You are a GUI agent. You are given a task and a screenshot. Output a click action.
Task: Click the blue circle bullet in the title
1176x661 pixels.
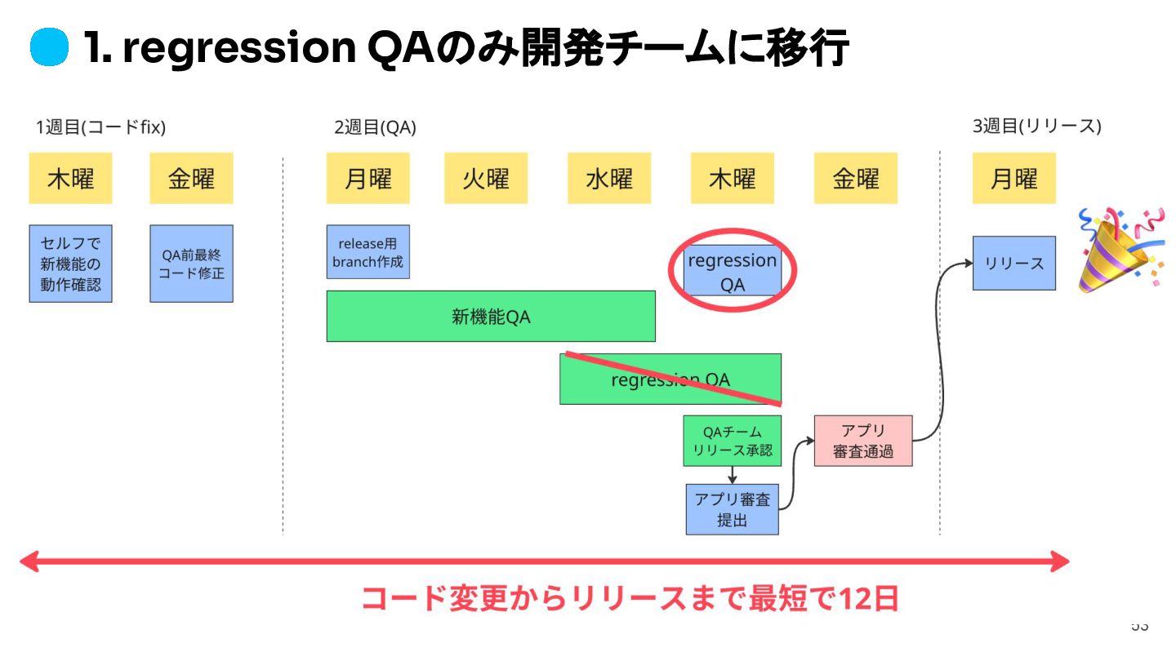(49, 49)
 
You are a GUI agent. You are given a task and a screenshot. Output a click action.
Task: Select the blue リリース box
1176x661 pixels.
(1013, 263)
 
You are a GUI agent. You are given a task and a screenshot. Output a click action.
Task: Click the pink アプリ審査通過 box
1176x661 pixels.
(862, 441)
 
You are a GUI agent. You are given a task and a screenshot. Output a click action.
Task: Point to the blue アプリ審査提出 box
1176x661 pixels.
(732, 509)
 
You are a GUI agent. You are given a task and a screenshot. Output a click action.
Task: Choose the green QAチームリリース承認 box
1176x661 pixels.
(732, 441)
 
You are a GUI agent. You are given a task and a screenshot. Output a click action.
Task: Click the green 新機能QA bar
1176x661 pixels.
(491, 316)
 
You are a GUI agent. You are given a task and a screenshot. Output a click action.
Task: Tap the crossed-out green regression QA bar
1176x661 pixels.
(670, 379)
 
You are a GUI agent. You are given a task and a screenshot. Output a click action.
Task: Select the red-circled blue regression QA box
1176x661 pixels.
(733, 271)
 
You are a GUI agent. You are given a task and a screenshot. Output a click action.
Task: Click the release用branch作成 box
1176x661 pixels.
(367, 251)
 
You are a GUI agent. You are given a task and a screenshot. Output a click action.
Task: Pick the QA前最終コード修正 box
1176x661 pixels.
(191, 264)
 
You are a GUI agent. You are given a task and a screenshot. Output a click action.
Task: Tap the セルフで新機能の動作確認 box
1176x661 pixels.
(70, 264)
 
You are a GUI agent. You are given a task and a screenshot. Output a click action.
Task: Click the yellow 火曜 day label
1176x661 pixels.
(486, 179)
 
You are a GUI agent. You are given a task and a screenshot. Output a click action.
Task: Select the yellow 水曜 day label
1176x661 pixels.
(609, 179)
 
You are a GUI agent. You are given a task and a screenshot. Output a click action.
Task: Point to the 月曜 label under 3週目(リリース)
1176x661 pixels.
(1013, 179)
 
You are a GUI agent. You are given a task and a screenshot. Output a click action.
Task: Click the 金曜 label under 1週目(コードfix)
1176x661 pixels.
(191, 179)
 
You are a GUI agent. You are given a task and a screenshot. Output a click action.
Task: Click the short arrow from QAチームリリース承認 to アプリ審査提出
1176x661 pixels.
(733, 475)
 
